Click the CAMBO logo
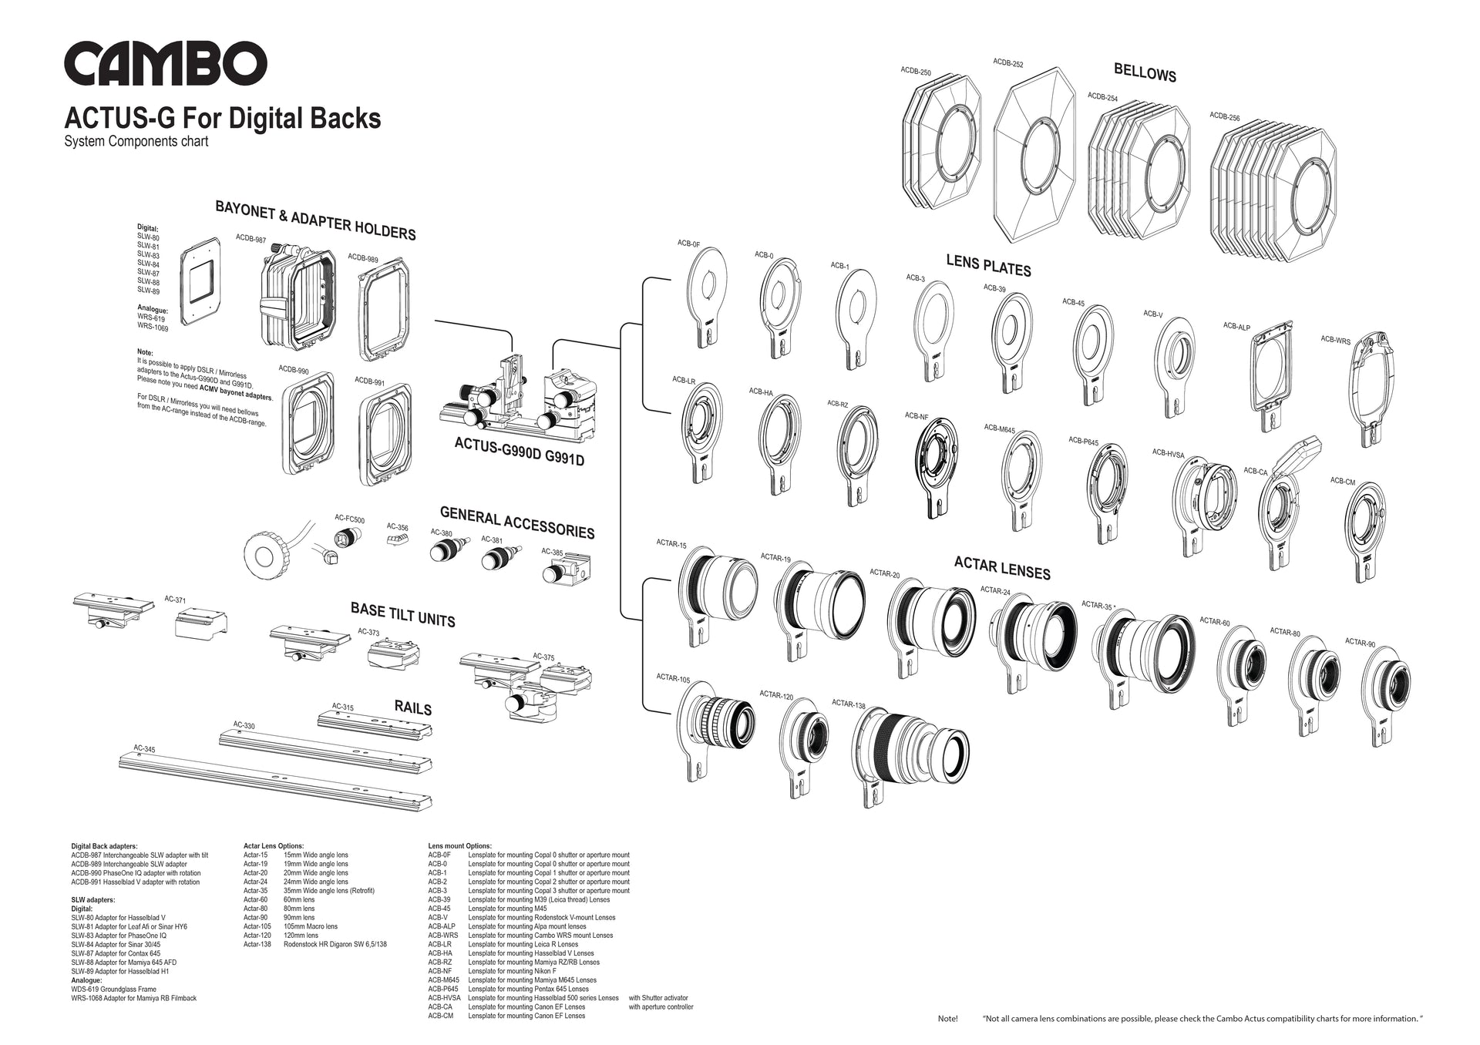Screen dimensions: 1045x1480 tap(166, 62)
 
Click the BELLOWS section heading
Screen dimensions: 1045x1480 tap(1145, 72)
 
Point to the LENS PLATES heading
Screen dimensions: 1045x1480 tap(988, 266)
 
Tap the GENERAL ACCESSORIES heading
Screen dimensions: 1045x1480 tap(516, 521)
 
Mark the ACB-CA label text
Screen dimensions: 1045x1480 tap(1255, 471)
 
